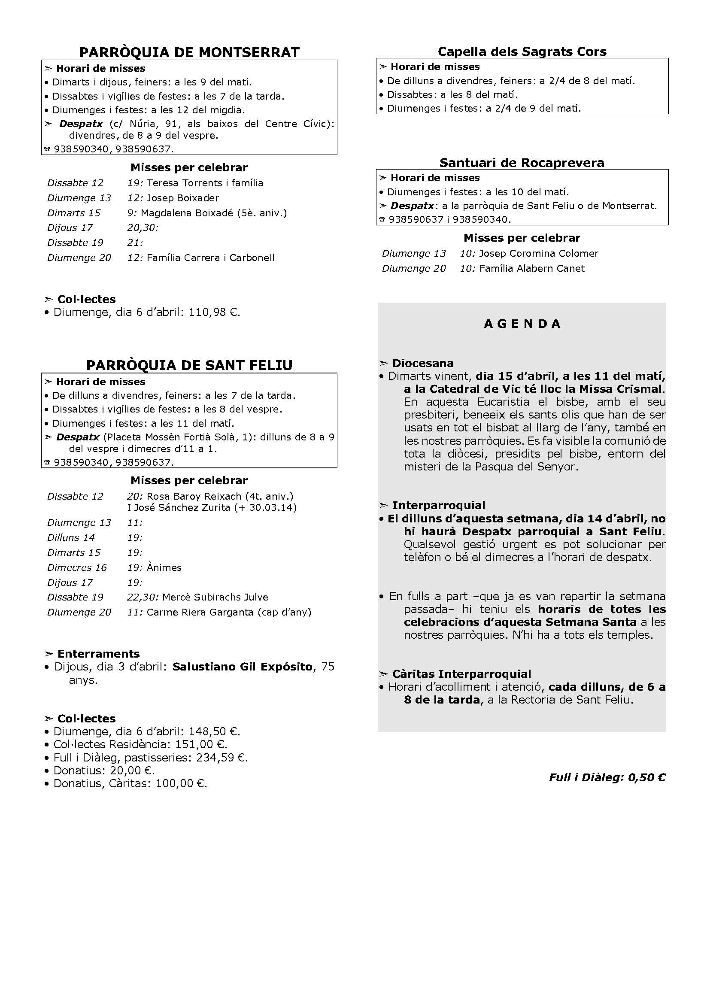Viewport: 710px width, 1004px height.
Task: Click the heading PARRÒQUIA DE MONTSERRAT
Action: click(189, 52)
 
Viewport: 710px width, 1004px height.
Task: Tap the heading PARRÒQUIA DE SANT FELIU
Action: click(189, 365)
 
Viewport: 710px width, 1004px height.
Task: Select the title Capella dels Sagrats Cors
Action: click(522, 52)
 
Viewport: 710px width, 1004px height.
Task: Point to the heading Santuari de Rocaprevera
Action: click(522, 163)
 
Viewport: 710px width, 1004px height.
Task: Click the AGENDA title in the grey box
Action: click(522, 324)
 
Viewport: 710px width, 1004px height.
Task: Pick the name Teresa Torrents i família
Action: click(205, 183)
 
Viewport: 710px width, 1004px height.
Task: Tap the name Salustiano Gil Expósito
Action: click(242, 667)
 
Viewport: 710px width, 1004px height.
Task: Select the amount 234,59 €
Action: click(221, 757)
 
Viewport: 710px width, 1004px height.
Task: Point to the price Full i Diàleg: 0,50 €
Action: click(607, 777)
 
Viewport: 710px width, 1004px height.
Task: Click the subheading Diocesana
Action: click(423, 363)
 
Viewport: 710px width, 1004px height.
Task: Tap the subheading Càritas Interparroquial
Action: click(461, 674)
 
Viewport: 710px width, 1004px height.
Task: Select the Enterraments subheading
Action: click(98, 654)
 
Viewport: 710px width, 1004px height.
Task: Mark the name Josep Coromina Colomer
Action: click(539, 253)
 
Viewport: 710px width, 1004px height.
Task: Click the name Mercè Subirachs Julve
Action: click(215, 597)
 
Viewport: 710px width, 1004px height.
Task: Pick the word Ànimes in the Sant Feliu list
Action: click(164, 567)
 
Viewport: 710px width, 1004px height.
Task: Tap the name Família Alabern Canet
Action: click(531, 268)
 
